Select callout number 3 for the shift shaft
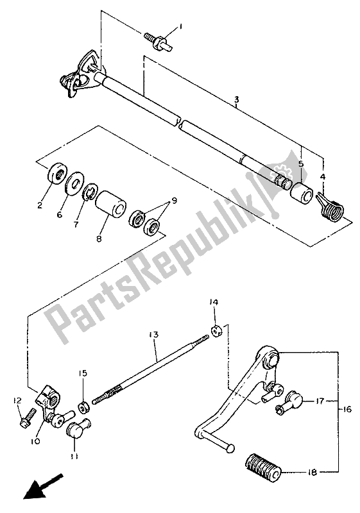(x=237, y=99)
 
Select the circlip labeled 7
(x=112, y=199)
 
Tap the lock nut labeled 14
(x=83, y=407)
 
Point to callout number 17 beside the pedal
(x=320, y=401)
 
